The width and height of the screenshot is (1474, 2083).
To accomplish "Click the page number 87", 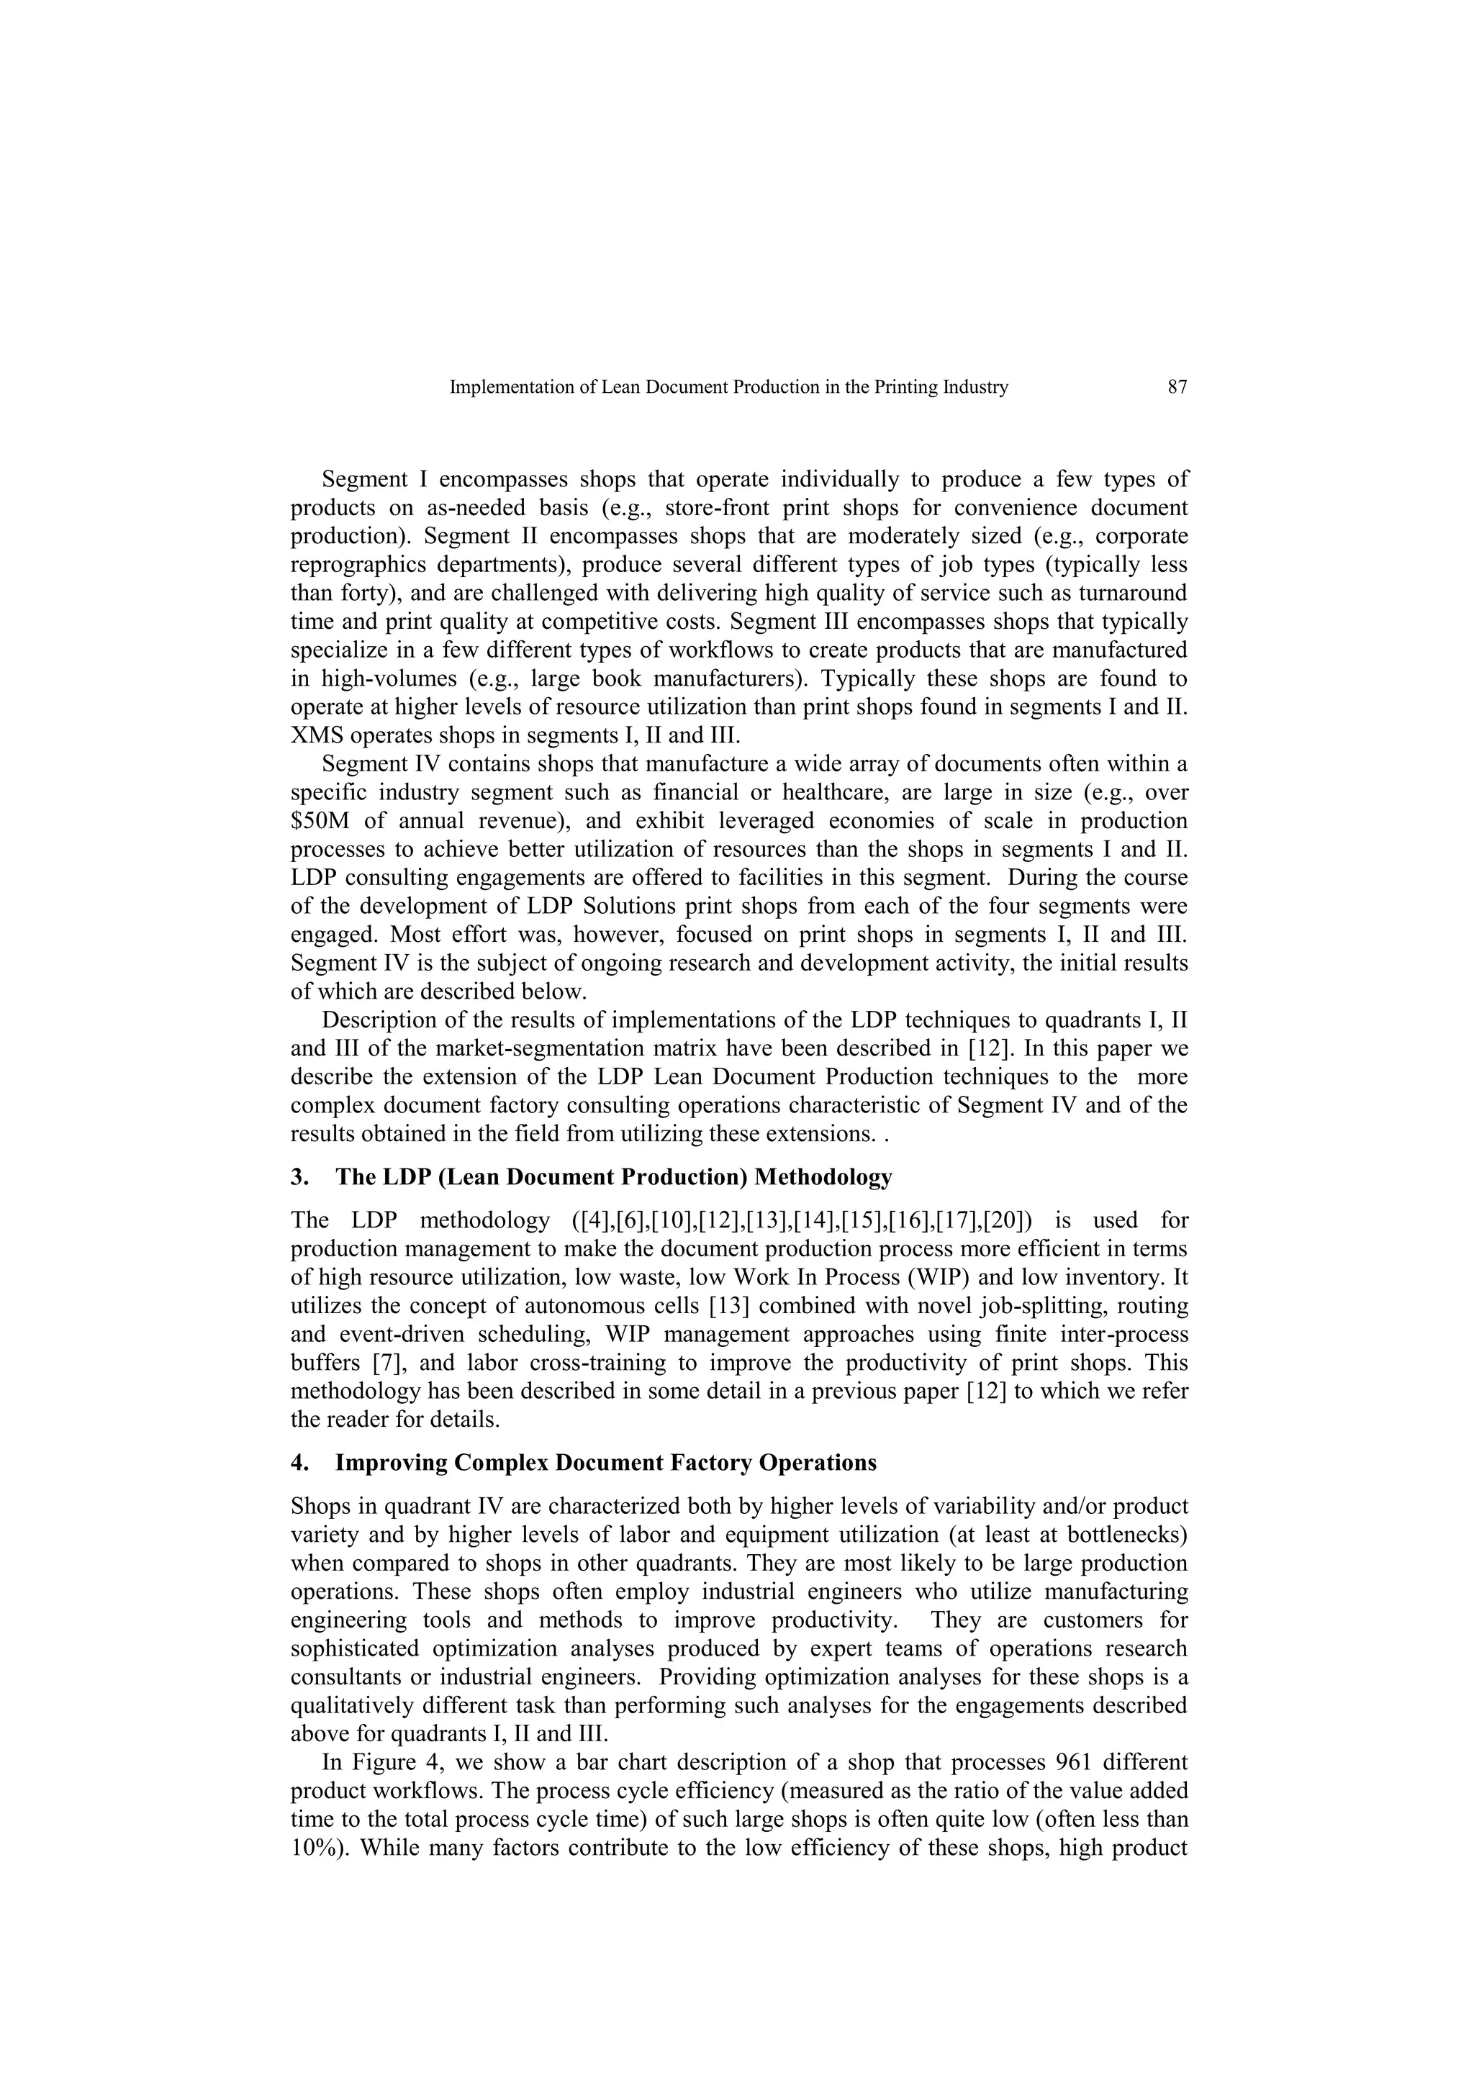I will [1177, 387].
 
